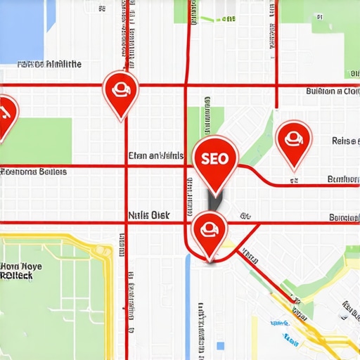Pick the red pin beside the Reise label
click(293, 141)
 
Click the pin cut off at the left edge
click(5, 115)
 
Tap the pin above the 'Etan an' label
click(120, 91)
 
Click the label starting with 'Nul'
click(149, 217)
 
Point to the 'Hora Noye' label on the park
click(21, 267)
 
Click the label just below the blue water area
click(49, 65)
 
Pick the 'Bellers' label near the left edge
click(34, 172)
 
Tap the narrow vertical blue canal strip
click(188, 295)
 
